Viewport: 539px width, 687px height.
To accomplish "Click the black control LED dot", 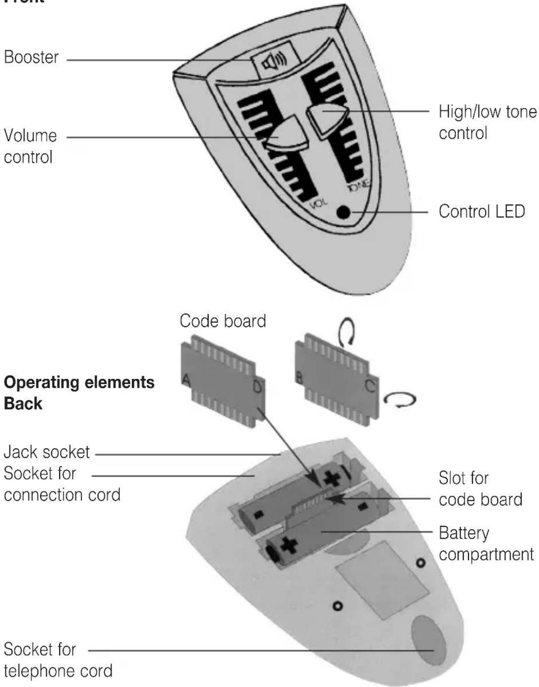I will point(343,212).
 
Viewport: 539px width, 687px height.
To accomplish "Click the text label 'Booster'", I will point(31,57).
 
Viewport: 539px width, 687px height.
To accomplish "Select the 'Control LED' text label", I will point(481,212).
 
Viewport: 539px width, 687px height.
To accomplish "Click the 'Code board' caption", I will point(223,321).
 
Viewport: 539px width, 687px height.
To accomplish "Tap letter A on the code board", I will point(186,379).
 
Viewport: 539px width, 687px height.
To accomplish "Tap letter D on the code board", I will point(257,387).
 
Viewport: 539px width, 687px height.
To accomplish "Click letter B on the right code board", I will point(299,377).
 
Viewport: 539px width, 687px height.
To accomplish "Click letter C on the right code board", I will point(370,386).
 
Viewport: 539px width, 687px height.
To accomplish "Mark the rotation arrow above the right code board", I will point(346,332).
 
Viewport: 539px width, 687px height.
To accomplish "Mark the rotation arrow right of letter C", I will point(400,400).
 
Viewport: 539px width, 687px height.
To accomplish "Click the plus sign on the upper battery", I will point(331,478).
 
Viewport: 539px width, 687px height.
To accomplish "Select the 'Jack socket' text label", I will point(47,452).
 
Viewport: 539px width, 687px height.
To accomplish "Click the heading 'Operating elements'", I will point(79,382).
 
